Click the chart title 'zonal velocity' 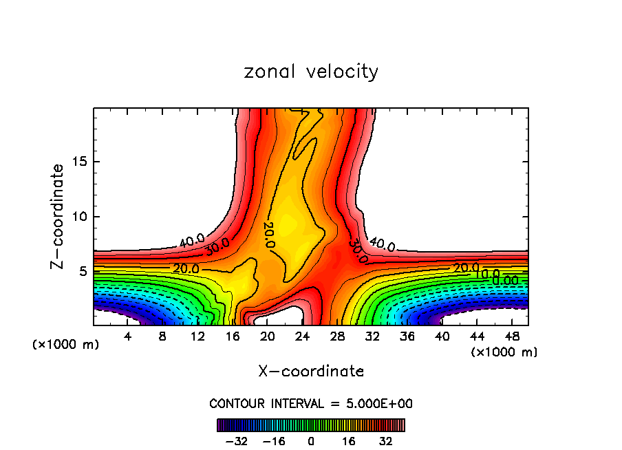(311, 72)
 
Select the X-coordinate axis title (311, 372)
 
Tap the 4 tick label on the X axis (128, 337)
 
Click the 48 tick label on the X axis (513, 337)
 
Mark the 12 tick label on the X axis (197, 337)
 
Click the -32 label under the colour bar (236, 441)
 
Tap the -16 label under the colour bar (274, 441)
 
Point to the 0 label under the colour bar (311, 441)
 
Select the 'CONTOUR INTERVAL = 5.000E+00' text (311, 403)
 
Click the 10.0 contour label (486, 274)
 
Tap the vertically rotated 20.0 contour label (269, 235)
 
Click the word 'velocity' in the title (342, 72)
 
